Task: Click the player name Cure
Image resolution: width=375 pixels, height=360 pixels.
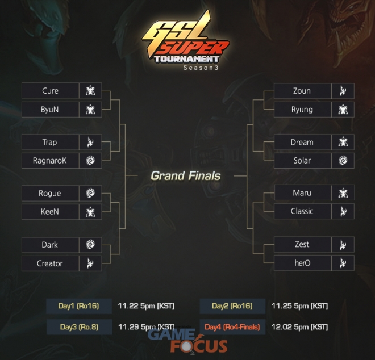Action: click(50, 91)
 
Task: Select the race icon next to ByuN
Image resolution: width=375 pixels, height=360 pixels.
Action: click(90, 110)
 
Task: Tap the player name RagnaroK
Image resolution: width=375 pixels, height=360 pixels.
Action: click(50, 161)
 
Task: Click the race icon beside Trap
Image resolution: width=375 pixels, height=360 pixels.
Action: click(90, 142)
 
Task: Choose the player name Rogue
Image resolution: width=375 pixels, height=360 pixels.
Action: click(50, 194)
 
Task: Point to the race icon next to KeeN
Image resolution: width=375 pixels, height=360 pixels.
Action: click(90, 212)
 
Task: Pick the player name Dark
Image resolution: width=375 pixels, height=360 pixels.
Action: click(50, 245)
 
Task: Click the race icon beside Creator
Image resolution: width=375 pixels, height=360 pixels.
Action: click(90, 263)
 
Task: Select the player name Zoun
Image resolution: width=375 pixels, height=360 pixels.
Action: click(302, 91)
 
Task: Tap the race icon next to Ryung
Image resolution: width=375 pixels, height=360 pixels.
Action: click(343, 110)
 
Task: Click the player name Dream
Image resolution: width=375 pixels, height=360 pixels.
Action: click(302, 142)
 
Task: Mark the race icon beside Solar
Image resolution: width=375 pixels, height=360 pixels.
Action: click(343, 161)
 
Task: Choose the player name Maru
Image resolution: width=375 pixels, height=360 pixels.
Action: click(302, 192)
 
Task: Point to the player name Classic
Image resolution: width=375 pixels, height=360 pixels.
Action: click(302, 211)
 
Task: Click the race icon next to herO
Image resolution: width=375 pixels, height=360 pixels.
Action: click(343, 263)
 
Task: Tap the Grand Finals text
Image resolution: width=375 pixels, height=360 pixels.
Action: click(186, 175)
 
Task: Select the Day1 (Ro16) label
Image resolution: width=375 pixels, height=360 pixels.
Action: click(78, 306)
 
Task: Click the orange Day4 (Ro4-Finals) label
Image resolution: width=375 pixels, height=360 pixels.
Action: click(232, 326)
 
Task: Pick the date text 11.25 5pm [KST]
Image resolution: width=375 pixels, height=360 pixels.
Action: click(299, 306)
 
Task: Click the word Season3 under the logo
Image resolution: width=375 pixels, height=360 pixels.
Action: click(201, 68)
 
